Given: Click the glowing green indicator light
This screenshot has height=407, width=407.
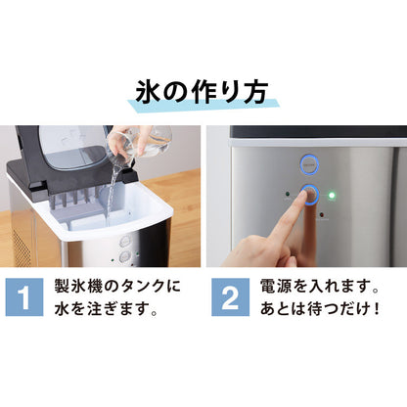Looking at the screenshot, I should [x=332, y=195].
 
